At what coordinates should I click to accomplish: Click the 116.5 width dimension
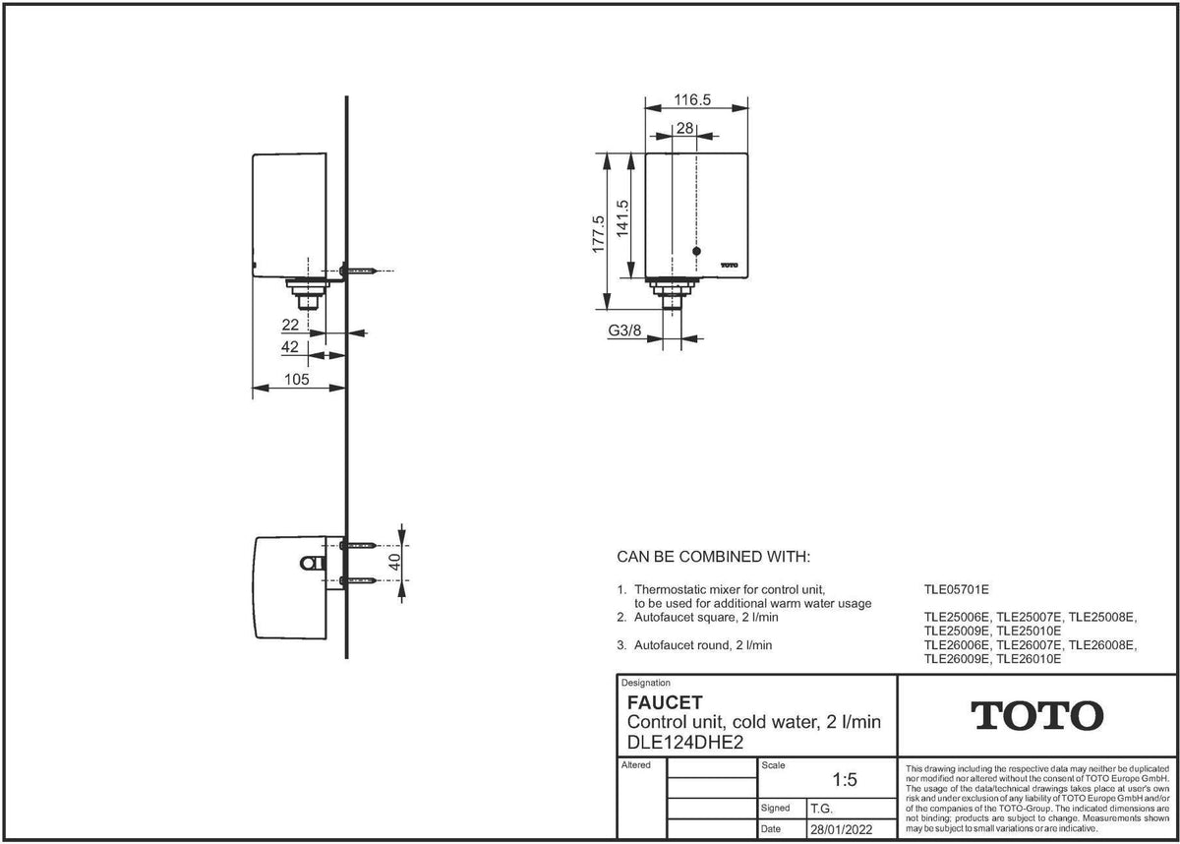click(692, 99)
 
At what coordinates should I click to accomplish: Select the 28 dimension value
click(684, 128)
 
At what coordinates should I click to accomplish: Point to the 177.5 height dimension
click(599, 234)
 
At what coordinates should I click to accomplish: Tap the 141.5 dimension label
click(622, 218)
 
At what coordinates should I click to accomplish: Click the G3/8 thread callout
click(624, 331)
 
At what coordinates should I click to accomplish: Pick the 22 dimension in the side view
click(290, 325)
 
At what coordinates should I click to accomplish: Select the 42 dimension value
click(290, 346)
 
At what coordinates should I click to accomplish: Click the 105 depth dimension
click(297, 380)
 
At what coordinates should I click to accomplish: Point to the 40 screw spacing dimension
click(394, 562)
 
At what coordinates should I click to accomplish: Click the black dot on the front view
click(696, 251)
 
